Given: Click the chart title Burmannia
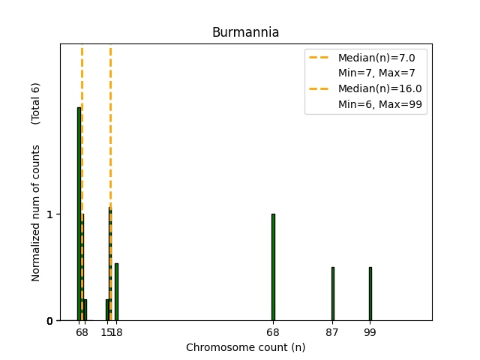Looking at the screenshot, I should click(245, 32).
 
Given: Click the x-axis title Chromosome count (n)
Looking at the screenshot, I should click(245, 347).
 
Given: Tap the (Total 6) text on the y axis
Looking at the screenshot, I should click(36, 103).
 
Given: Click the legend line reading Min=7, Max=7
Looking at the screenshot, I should click(376, 73).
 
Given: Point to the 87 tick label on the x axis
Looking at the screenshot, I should click(332, 331).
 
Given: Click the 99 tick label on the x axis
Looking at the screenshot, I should click(370, 331).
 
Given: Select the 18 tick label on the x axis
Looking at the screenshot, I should click(116, 331).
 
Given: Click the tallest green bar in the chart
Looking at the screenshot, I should click(79, 214).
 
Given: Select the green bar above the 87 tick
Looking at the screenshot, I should click(332, 293).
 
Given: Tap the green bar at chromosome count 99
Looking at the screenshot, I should click(370, 293).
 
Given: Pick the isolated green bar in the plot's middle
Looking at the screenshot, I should click(273, 267).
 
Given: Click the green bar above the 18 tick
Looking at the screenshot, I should click(116, 292).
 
